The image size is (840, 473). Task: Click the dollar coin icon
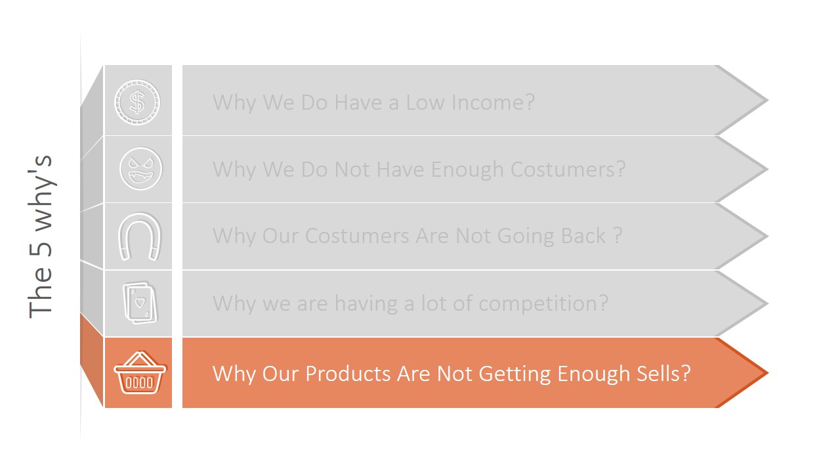pos(137,102)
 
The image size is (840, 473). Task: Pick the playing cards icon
pos(140,304)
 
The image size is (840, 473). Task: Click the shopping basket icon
pos(140,373)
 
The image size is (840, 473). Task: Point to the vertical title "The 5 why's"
pos(41,236)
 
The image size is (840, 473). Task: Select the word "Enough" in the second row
pos(467,169)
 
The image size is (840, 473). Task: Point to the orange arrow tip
pos(761,372)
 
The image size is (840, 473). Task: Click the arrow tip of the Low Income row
pos(761,101)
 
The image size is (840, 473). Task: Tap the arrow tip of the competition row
pos(761,304)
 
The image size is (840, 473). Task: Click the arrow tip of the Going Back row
pos(761,236)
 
